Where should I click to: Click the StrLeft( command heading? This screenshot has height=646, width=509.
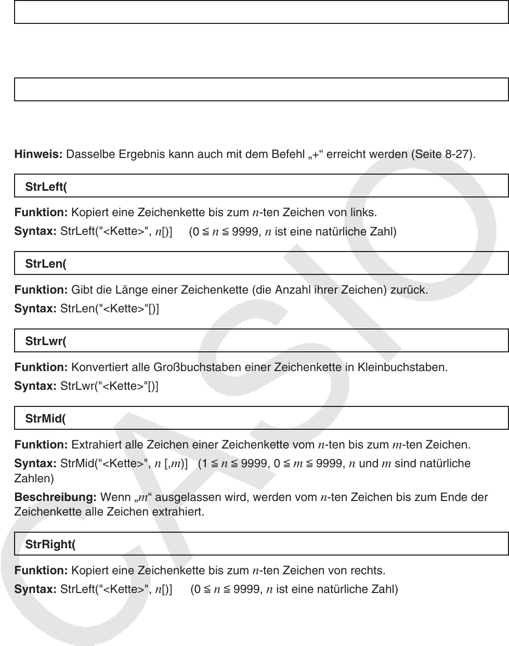(x=46, y=187)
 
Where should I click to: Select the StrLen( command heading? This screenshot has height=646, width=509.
(x=45, y=264)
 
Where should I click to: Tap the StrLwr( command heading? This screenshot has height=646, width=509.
(x=45, y=341)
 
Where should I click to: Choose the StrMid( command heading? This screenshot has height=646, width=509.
(x=45, y=419)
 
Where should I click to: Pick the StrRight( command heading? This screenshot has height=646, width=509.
(x=50, y=544)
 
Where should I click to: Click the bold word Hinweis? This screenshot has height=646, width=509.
(x=38, y=154)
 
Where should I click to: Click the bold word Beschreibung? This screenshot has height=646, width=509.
(x=55, y=497)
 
